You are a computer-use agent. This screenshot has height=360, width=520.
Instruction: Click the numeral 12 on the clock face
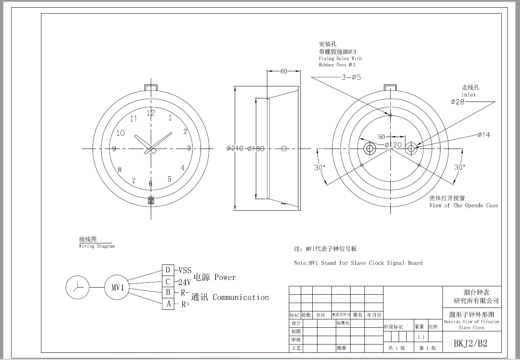151,113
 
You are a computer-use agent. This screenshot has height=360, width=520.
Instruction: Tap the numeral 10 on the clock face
121,133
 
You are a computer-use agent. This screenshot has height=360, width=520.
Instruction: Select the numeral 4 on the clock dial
183,168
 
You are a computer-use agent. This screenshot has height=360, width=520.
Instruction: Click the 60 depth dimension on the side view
284,71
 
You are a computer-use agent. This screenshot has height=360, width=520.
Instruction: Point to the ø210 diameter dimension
235,149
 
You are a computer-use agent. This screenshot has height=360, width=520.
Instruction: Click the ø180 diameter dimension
255,149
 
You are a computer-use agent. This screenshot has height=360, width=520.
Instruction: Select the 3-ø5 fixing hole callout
351,77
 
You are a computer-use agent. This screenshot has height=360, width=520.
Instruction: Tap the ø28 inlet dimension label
458,102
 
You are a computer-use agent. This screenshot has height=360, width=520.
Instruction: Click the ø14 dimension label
484,135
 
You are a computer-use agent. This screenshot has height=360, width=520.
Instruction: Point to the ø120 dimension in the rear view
393,145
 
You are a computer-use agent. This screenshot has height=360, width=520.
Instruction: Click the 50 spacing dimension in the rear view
382,137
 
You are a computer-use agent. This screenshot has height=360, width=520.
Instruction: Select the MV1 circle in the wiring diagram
117,287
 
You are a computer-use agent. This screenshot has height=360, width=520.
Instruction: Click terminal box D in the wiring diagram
168,270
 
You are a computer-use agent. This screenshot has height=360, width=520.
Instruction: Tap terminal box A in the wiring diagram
168,304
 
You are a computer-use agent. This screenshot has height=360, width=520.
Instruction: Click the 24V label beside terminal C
184,282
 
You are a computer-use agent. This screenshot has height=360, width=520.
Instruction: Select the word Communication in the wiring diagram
241,297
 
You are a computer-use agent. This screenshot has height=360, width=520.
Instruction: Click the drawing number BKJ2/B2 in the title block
470,343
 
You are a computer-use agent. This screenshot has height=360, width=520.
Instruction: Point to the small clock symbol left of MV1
77,287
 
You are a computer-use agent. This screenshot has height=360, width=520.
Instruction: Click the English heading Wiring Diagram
97,246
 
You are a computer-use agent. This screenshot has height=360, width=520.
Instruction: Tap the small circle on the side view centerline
284,149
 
